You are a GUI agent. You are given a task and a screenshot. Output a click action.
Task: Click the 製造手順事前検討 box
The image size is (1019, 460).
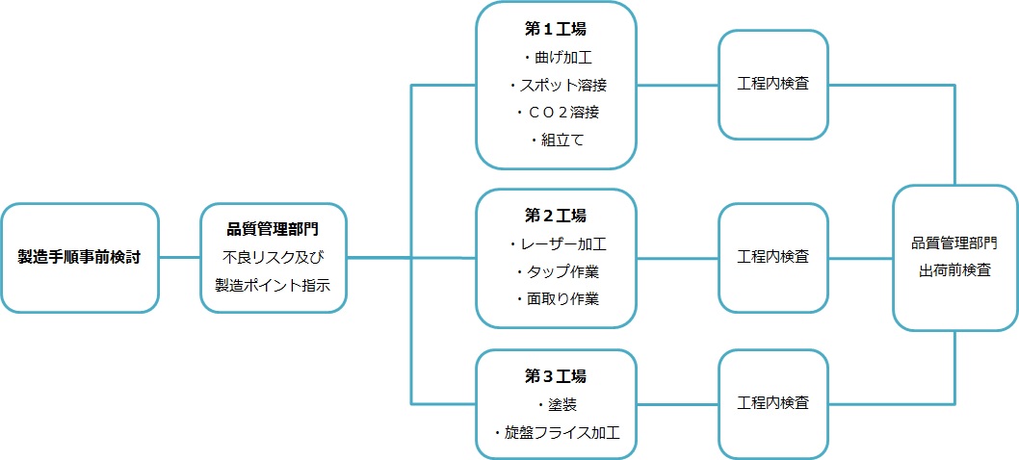click(79, 258)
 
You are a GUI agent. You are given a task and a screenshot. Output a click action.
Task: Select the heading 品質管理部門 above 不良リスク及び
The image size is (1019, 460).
click(273, 230)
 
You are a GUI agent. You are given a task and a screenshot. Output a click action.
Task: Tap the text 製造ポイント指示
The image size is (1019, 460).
click(273, 286)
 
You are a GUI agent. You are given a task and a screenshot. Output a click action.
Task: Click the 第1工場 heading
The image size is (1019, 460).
click(556, 30)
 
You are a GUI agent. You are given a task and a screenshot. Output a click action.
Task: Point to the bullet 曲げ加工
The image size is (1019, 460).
click(556, 58)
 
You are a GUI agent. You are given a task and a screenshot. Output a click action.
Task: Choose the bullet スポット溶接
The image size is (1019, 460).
click(556, 86)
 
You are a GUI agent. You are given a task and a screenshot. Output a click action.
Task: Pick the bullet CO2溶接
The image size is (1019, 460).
click(556, 113)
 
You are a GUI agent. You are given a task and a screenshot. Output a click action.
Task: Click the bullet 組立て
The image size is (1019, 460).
click(556, 141)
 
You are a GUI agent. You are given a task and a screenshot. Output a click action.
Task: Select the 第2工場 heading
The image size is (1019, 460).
click(556, 216)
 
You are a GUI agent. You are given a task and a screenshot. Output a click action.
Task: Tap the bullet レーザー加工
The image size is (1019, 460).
click(556, 243)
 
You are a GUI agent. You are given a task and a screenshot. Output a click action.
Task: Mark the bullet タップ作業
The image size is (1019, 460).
click(556, 271)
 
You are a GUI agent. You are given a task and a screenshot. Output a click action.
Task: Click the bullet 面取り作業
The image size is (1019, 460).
click(556, 298)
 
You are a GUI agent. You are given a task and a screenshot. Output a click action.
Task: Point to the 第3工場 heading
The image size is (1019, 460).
click(556, 376)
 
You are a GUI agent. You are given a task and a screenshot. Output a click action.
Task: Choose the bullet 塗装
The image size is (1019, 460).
click(556, 404)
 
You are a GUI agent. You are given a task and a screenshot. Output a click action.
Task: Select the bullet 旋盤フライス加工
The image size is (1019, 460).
click(556, 432)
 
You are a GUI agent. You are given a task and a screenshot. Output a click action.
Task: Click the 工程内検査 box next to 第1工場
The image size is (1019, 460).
click(772, 85)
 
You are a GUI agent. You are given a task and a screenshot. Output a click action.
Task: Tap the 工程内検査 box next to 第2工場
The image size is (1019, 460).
click(772, 258)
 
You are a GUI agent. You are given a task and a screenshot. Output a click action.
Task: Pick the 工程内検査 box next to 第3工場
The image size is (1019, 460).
click(772, 402)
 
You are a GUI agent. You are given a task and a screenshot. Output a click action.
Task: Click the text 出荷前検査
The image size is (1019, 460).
click(954, 271)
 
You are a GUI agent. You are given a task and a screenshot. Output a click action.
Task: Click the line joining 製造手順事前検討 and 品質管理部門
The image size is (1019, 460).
click(179, 258)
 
